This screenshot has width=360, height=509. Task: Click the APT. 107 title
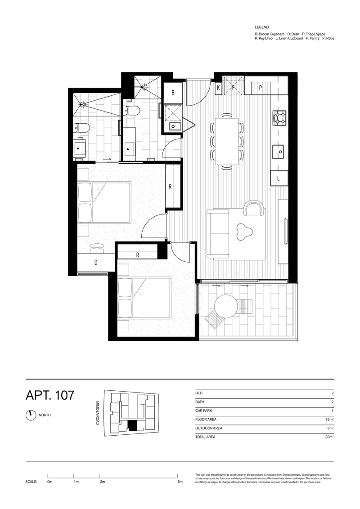[x=50, y=396]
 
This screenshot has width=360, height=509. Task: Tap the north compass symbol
[x=31, y=415]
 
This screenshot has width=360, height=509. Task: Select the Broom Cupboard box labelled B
[x=173, y=94]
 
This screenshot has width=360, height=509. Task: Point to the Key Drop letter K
[x=218, y=88]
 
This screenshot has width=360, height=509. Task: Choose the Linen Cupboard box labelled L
[x=279, y=179]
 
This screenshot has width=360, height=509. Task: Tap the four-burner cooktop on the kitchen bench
[x=279, y=118]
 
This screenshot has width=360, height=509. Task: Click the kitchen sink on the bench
[x=279, y=152]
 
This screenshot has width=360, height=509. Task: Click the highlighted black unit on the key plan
[x=132, y=425]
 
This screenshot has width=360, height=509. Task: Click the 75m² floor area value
[x=329, y=419]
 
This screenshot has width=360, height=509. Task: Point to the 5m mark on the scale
[x=180, y=482]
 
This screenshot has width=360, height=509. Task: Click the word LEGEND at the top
[x=261, y=27]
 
